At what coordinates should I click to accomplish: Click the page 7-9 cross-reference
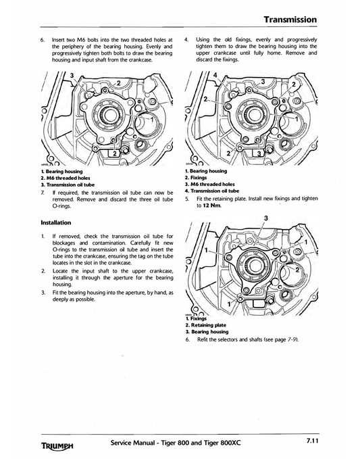tap(288, 339)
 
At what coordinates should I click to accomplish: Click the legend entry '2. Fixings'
tap(201, 178)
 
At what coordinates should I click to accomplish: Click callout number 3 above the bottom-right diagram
tap(265, 217)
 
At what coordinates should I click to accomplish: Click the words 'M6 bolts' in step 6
tap(92, 40)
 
